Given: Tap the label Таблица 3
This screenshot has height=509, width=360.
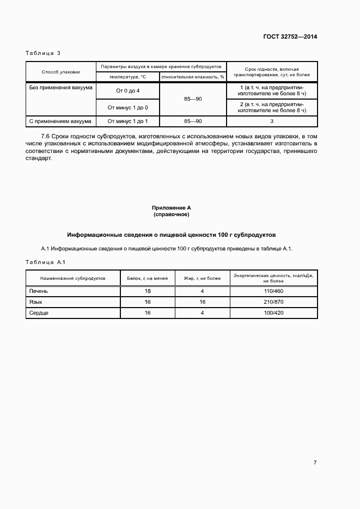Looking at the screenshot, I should [x=43, y=53].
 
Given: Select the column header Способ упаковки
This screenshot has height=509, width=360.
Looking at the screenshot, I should [x=60, y=72].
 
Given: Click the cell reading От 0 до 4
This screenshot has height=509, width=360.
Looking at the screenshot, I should [x=128, y=90].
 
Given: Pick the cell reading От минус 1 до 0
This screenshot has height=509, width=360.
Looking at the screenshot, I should [x=128, y=107].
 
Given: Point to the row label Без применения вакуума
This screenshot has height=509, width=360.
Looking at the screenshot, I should [x=60, y=87].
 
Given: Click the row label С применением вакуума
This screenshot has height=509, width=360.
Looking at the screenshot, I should [x=60, y=121].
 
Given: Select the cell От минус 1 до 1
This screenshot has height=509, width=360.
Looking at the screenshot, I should [x=128, y=121].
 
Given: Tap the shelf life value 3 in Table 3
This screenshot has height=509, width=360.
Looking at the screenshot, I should [x=272, y=121].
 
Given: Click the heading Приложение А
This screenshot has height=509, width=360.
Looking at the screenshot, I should [x=172, y=208].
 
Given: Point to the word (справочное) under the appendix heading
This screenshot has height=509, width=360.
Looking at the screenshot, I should [x=172, y=214].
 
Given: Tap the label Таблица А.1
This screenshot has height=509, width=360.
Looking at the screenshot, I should [x=46, y=262].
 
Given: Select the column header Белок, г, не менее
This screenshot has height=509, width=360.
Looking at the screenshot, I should [x=148, y=278].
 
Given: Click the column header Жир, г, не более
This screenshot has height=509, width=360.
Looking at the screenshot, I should [x=202, y=278].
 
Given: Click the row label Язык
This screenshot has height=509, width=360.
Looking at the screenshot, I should [x=36, y=302].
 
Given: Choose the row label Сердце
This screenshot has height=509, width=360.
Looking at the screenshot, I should [x=39, y=313].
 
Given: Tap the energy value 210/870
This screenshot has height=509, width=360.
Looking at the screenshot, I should [x=273, y=302].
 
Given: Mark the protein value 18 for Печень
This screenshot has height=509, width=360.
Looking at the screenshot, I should [x=148, y=291].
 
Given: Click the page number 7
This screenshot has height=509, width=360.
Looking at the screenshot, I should [x=315, y=463].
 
